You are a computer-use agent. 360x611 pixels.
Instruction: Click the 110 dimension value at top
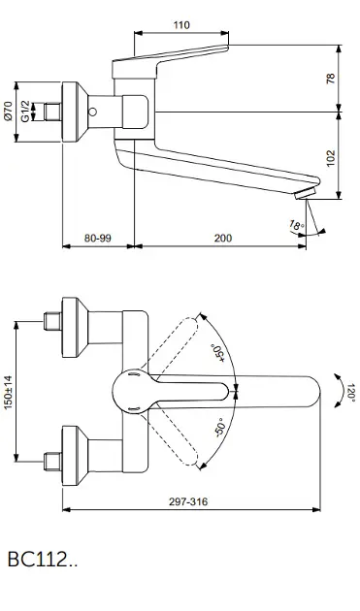point(181,25)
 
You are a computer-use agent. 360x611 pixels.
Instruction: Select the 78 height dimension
point(331,79)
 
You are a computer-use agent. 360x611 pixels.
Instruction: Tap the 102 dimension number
point(331,158)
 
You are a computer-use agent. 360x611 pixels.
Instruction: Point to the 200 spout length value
point(223,238)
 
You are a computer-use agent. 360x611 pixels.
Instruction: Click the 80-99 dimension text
point(97,238)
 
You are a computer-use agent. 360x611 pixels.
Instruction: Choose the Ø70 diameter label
point(8,111)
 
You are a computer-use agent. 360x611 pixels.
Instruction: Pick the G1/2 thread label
point(25,111)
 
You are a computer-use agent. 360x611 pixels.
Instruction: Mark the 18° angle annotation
point(296,226)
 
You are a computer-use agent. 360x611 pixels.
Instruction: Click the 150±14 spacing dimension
point(8,392)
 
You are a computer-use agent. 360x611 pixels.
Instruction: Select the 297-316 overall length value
point(188,501)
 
